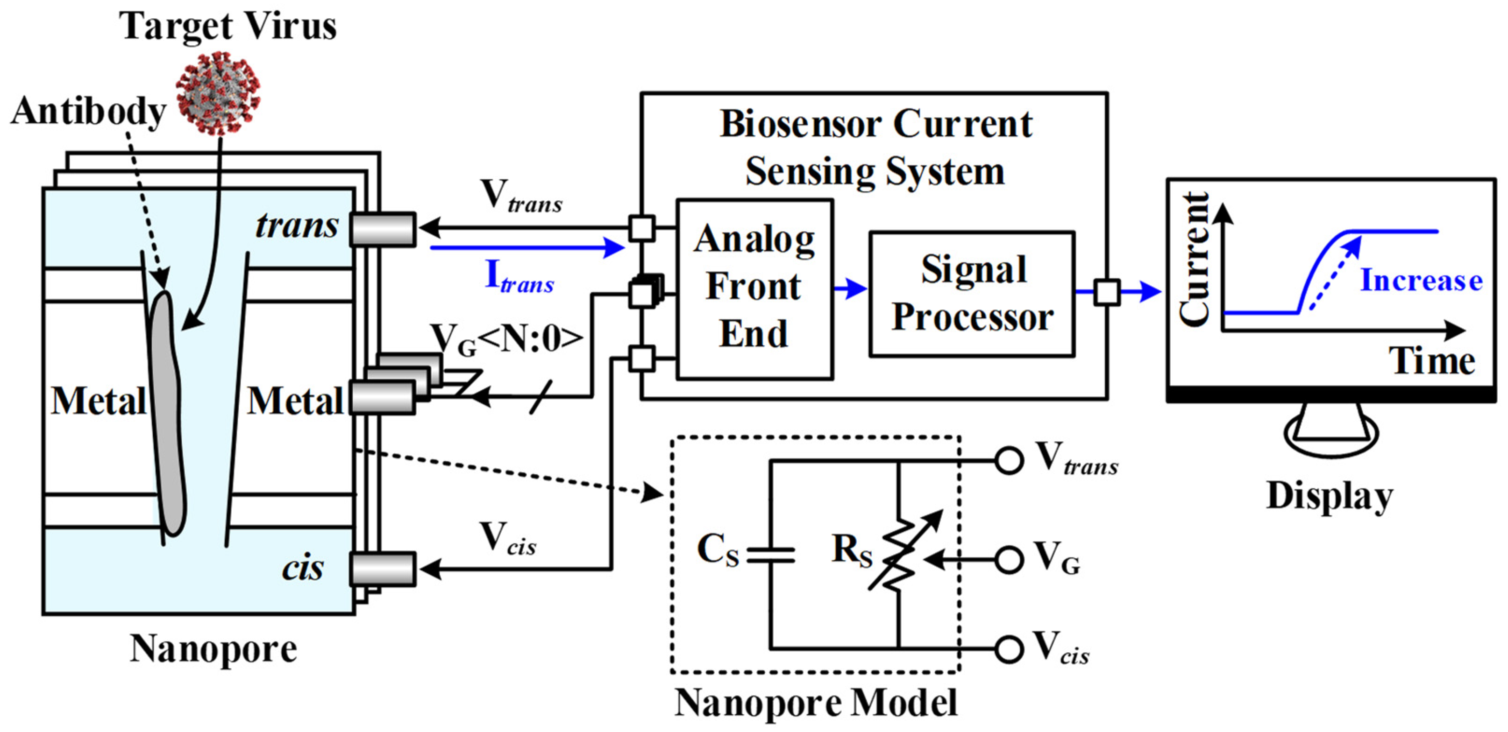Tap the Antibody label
(88, 111)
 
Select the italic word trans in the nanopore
(297, 226)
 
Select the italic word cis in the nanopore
(302, 568)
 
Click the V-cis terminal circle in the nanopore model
(1008, 649)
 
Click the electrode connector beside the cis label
(383, 569)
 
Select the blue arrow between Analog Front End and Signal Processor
(850, 288)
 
